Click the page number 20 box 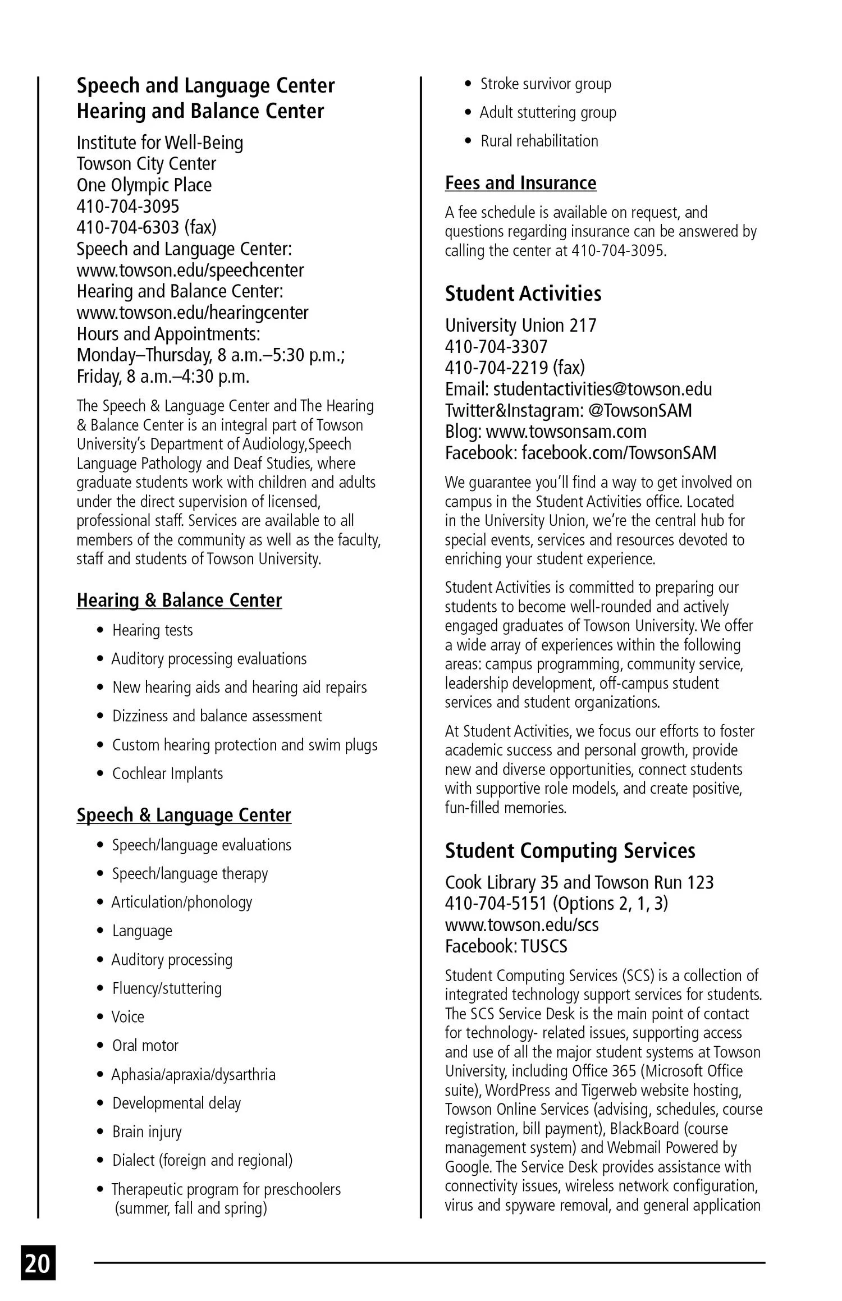(38, 1263)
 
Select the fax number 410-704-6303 (146, 227)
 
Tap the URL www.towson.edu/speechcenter (190, 270)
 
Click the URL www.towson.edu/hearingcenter (192, 313)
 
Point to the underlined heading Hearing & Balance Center (179, 600)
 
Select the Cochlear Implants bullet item (167, 773)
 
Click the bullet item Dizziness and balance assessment (217, 716)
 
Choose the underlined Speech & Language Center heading (184, 815)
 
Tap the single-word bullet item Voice (128, 1017)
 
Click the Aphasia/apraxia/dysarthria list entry (193, 1074)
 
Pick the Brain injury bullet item (147, 1131)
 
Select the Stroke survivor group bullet (545, 84)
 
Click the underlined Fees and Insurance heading (520, 183)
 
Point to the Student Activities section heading (523, 294)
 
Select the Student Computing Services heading (570, 850)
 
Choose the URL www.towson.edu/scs (521, 925)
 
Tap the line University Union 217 (520, 326)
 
